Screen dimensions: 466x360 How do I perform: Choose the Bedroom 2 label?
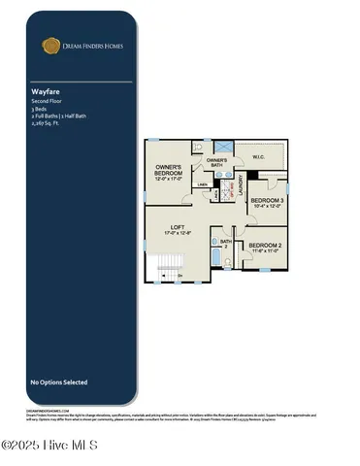pos(266,247)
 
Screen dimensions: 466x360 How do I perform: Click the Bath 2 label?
pos(225,244)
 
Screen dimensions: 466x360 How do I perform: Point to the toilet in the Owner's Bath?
pos(199,149)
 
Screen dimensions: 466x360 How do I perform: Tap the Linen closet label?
pos(203,183)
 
